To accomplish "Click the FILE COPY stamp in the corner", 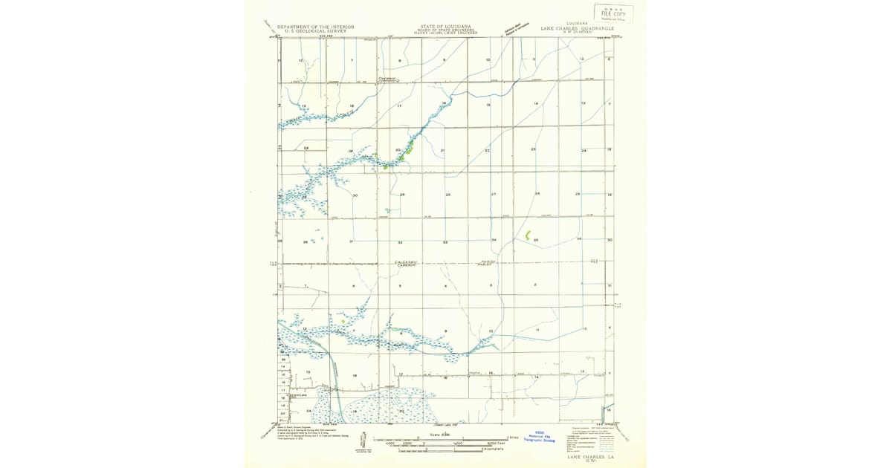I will coord(614,13).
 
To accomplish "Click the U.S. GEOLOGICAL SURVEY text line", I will coord(312,31).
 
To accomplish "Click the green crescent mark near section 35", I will coord(527,235).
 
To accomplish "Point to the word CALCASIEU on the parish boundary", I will coord(406,262).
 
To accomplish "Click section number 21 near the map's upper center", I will coord(442,151).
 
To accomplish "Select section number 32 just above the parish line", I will coord(400,242).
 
